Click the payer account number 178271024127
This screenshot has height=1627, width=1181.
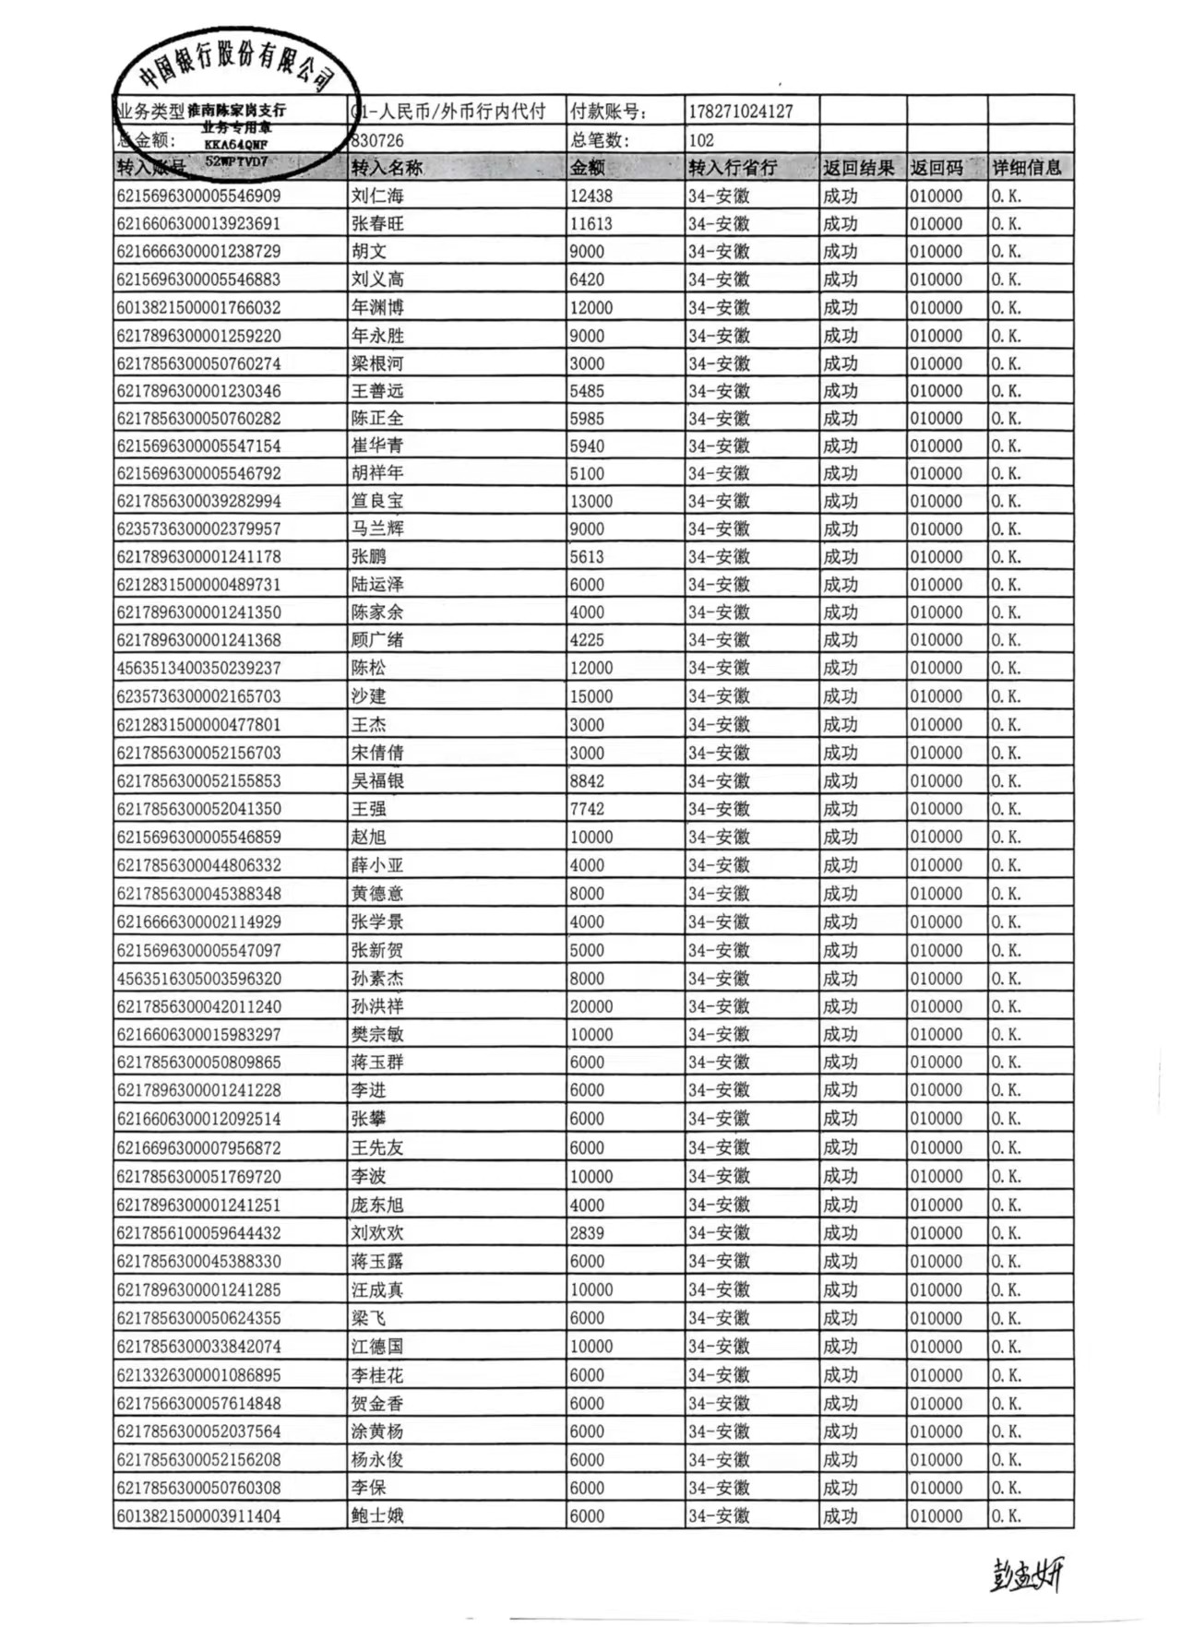(741, 112)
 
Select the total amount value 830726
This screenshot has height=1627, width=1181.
(378, 140)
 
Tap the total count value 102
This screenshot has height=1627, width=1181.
(701, 140)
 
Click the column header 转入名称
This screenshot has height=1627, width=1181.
(387, 168)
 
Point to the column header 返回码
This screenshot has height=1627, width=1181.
(936, 168)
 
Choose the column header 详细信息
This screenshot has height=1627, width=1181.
(1027, 168)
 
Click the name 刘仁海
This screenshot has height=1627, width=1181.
(377, 196)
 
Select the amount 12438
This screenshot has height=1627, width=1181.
(591, 196)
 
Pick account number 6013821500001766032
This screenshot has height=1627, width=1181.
(198, 307)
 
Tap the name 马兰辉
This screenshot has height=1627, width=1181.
(377, 528)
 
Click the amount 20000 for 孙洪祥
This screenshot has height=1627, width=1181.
(591, 1006)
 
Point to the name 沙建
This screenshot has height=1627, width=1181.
(368, 696)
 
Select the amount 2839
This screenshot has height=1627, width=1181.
(587, 1233)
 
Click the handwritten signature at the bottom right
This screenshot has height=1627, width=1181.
(1027, 1574)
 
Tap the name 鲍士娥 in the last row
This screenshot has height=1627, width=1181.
(377, 1515)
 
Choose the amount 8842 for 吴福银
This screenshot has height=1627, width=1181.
(587, 781)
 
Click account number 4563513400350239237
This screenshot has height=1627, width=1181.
(198, 668)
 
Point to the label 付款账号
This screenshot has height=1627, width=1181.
(609, 112)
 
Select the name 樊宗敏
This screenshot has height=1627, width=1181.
(377, 1034)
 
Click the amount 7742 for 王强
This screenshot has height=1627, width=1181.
(587, 809)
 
